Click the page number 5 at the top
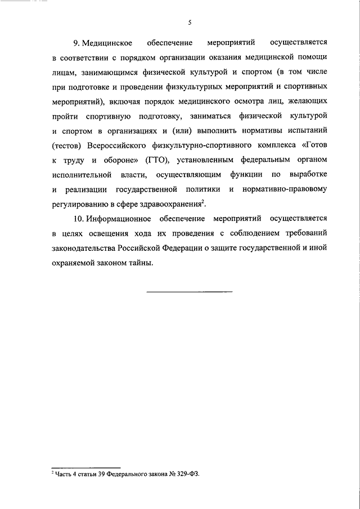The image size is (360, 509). click(x=190, y=22)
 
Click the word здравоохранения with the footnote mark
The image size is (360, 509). click(x=171, y=203)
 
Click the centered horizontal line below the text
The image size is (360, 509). click(x=190, y=291)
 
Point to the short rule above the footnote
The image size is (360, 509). click(x=86, y=467)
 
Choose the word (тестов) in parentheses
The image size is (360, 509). click(x=66, y=145)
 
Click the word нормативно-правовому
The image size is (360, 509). click(x=285, y=188)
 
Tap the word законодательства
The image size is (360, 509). click(x=83, y=247)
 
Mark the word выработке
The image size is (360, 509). click(x=308, y=174)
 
